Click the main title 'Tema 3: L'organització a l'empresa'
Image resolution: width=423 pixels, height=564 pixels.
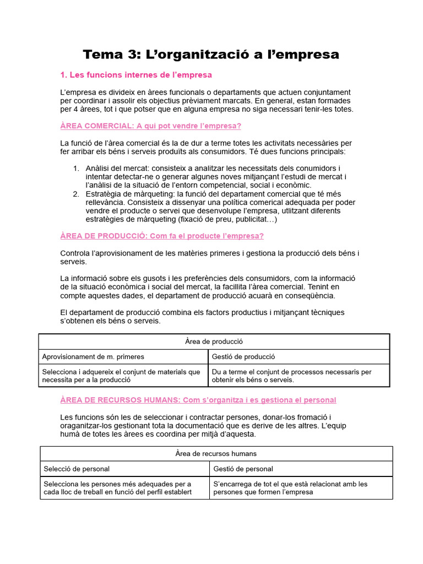pyautogui.click(x=211, y=54)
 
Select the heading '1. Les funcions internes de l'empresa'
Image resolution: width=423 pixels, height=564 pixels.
pyautogui.click(x=135, y=74)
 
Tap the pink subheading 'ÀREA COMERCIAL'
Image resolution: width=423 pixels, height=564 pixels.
pyautogui.click(x=95, y=126)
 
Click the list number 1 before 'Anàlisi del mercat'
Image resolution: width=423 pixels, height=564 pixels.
pyautogui.click(x=76, y=168)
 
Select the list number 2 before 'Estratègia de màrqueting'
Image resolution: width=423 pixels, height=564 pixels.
pyautogui.click(x=76, y=194)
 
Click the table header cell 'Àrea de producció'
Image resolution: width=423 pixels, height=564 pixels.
pyautogui.click(x=214, y=341)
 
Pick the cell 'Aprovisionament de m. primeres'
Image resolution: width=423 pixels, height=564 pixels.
pyautogui.click(x=93, y=357)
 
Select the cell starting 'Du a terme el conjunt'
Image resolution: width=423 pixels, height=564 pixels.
pyautogui.click(x=291, y=376)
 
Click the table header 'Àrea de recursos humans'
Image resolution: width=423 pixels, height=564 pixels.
pyautogui.click(x=216, y=454)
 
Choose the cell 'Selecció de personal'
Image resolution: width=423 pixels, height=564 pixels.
pyautogui.click(x=77, y=469)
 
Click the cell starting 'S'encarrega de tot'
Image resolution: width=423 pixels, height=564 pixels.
pyautogui.click(x=290, y=488)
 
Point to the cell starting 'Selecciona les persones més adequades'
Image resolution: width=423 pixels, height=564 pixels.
pyautogui.click(x=118, y=488)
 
